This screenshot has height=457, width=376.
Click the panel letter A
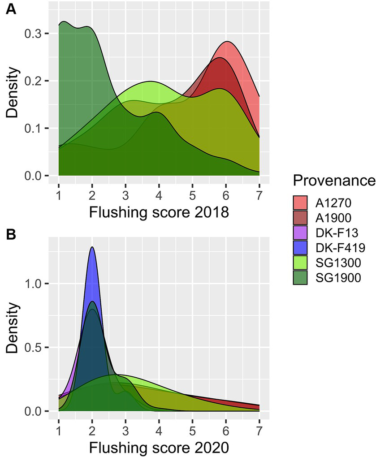11,9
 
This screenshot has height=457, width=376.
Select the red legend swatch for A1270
300,203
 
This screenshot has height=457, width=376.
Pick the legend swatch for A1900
300,218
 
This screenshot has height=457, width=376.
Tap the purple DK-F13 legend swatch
300,233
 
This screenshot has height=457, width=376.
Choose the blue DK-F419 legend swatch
300,249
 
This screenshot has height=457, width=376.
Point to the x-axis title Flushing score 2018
159,212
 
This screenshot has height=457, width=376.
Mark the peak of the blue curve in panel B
92,247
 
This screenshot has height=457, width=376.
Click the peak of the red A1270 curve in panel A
228,42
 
